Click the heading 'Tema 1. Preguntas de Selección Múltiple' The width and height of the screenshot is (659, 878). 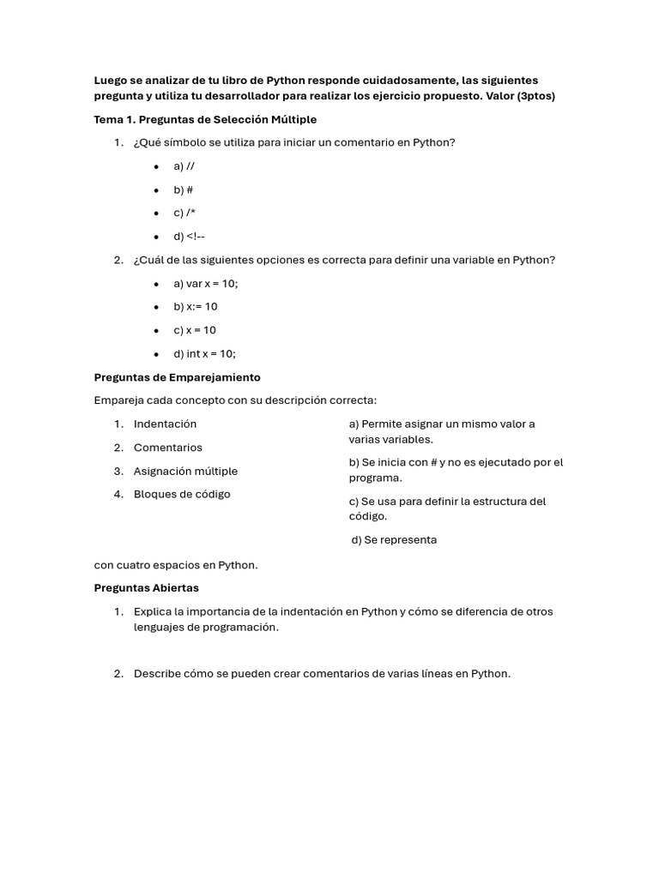point(205,119)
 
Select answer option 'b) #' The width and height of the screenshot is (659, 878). point(183,189)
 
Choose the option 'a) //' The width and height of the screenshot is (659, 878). point(184,166)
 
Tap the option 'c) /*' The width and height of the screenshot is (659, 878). point(184,213)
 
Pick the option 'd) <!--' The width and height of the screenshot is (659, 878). point(189,237)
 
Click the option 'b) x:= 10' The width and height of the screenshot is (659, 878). point(195,307)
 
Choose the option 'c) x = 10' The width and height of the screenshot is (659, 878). point(195,330)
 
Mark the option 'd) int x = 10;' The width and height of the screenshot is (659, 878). point(204,353)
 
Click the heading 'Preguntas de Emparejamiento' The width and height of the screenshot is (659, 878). point(177,377)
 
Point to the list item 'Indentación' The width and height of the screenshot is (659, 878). point(165,424)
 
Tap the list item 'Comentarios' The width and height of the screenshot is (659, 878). point(168,448)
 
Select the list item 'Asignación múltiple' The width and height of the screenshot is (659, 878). point(185,471)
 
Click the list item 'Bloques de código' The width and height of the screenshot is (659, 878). point(182,494)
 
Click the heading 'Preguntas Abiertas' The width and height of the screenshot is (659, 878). point(146,588)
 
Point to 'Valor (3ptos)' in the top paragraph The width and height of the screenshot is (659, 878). point(520,96)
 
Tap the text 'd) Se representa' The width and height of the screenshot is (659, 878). point(394,540)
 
